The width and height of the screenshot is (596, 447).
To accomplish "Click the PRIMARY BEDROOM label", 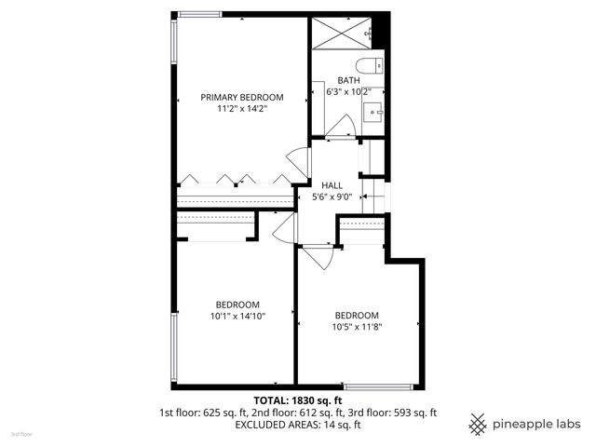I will coord(242,98).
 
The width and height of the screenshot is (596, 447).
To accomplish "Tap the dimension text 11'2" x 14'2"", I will coord(242,109).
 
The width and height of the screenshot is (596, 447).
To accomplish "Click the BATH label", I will coord(348,80).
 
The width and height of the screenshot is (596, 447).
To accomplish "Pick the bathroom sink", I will coord(378,112).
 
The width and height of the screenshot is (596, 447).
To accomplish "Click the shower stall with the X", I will coord(341,33).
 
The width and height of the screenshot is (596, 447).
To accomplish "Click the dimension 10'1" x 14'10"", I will coord(237,317).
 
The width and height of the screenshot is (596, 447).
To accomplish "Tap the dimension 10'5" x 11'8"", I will coord(357,326).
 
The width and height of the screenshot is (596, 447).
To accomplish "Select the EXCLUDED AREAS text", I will coord(271,425).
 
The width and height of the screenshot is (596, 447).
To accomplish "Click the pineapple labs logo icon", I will coord(477,424).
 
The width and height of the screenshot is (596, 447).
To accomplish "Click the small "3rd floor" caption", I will coord(21,434).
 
